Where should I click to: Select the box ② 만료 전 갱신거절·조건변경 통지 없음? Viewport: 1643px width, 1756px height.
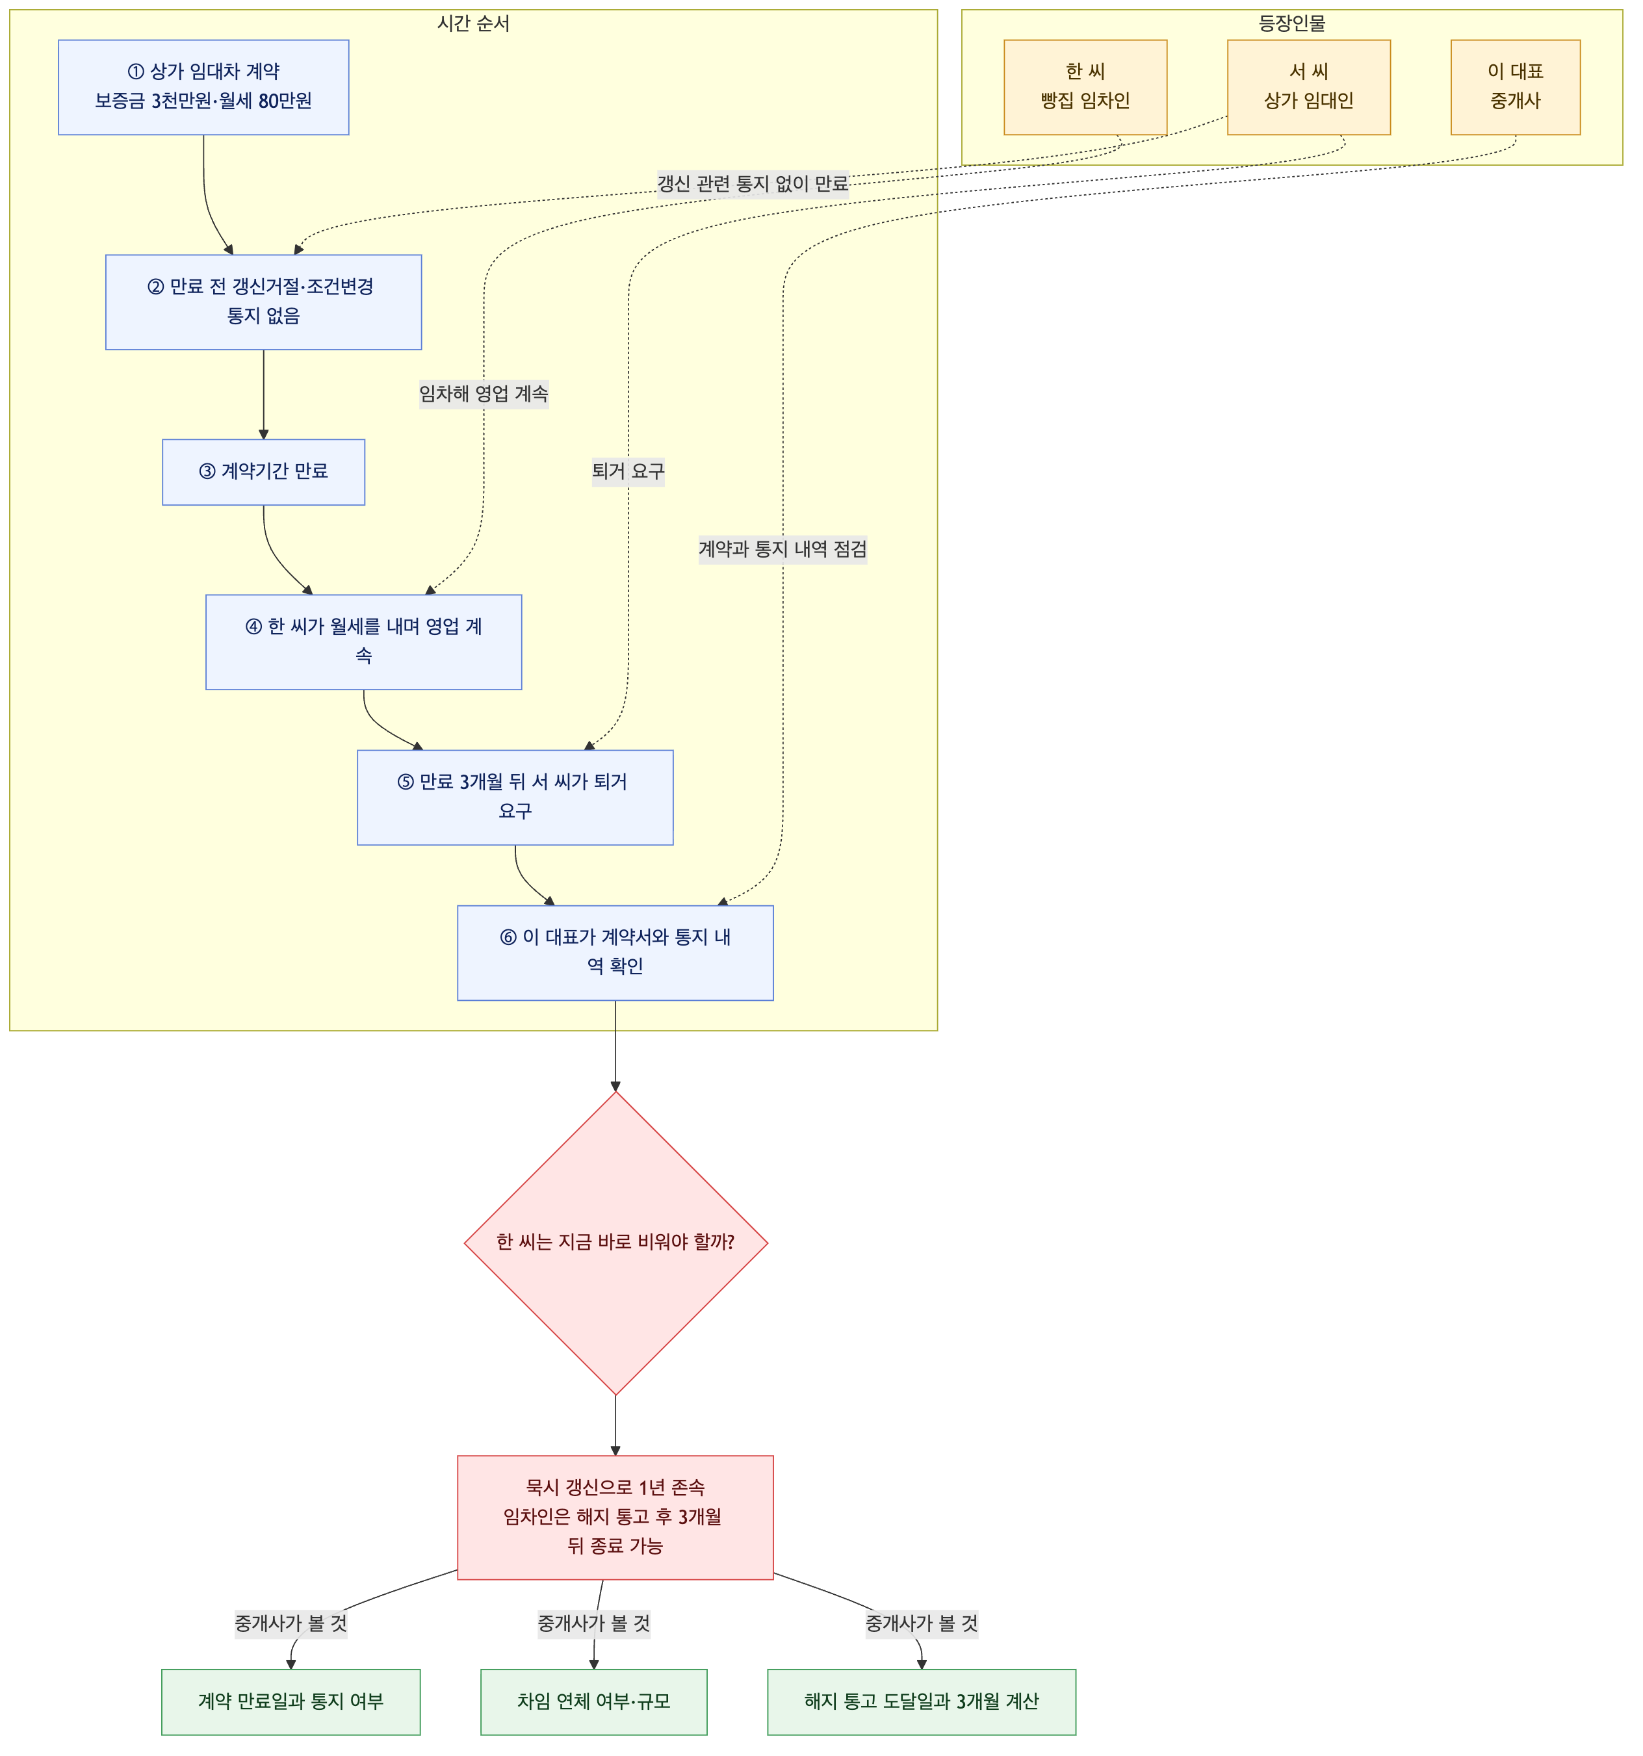pyautogui.click(x=263, y=302)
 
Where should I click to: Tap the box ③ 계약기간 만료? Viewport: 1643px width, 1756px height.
pyautogui.click(x=263, y=472)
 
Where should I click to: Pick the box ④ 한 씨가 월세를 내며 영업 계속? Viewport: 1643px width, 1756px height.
pyautogui.click(x=364, y=642)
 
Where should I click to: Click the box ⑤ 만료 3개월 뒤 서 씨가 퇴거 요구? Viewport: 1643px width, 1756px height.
pyautogui.click(x=515, y=797)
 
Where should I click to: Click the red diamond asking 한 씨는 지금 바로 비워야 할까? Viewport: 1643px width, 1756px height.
pyautogui.click(x=615, y=1243)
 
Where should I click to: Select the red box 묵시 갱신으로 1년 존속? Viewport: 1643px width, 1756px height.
pyautogui.click(x=615, y=1517)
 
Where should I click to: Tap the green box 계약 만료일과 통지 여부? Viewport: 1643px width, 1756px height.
pyautogui.click(x=291, y=1701)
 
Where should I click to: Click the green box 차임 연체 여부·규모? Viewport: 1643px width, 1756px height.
pyautogui.click(x=593, y=1701)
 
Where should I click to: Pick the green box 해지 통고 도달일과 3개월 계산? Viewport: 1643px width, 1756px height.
pyautogui.click(x=922, y=1701)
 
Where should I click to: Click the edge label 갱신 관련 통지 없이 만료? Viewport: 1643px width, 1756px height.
pyautogui.click(x=753, y=184)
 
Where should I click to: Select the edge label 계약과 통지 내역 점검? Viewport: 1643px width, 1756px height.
pyautogui.click(x=783, y=549)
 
